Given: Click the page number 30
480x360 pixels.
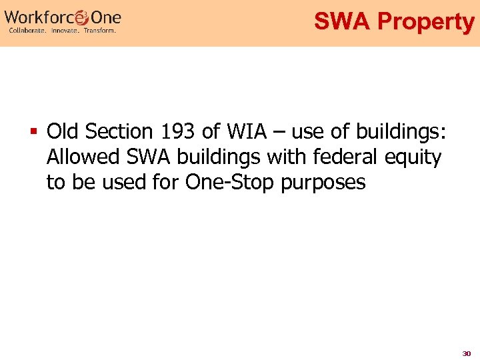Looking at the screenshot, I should pyautogui.click(x=467, y=353).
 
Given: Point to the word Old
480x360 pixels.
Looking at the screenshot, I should pyautogui.click(x=62, y=132).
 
